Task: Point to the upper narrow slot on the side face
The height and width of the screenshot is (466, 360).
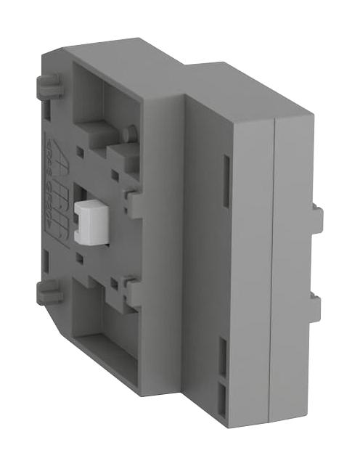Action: [224, 174]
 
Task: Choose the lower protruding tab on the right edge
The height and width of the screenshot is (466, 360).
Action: [316, 304]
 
